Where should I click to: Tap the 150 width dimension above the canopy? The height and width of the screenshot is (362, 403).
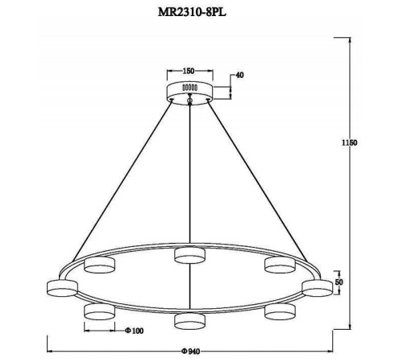[189, 70]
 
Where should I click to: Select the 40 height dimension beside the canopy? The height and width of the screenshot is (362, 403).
[239, 76]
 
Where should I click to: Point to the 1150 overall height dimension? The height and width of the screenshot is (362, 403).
[348, 142]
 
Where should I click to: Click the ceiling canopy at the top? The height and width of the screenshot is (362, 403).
[189, 89]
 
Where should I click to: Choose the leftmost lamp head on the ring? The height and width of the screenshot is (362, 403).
[61, 286]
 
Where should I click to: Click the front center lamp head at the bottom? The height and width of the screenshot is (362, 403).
[189, 320]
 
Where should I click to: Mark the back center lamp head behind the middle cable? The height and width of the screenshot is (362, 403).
[189, 257]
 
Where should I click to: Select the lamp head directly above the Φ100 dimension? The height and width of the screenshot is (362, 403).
[98, 311]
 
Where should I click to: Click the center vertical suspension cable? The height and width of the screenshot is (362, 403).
[189, 177]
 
